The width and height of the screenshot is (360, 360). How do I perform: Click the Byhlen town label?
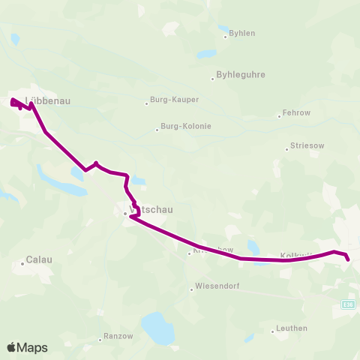[x=243, y=34]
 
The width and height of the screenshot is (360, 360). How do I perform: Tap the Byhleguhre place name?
[x=241, y=75]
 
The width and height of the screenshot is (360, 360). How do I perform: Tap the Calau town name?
[x=39, y=260]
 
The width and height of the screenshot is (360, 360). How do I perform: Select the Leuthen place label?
[x=292, y=328]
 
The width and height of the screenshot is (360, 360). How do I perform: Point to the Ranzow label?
[x=118, y=337]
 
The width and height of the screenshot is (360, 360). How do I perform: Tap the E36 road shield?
[x=347, y=304]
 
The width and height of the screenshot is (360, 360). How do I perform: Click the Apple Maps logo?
[x=27, y=347]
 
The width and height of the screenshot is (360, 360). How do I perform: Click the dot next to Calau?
[x=22, y=262]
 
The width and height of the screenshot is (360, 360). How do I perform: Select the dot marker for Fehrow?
[x=278, y=116]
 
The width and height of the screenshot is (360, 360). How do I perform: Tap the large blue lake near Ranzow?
[x=158, y=328]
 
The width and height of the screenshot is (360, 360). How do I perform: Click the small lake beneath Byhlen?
[x=205, y=55]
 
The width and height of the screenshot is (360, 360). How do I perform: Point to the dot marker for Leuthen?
[x=272, y=331]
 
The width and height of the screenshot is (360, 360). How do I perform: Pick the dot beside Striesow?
[x=286, y=148]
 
